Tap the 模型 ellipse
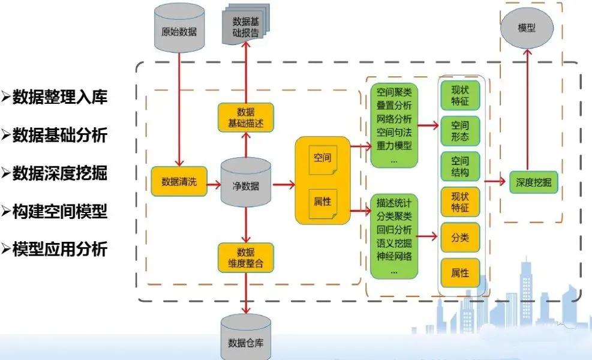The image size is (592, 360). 526,28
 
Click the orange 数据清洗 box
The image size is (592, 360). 179,181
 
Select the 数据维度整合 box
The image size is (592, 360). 246,257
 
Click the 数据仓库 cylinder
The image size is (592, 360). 246,340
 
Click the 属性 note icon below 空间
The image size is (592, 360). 322,202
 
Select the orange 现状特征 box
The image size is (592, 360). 460,201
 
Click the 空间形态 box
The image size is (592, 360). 460,130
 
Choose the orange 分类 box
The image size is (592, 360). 460,238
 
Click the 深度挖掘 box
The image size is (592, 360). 533,182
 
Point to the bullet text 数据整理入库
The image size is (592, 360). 60,97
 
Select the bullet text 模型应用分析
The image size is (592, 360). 60,248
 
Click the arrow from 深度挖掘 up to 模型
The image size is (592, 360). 527,108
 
